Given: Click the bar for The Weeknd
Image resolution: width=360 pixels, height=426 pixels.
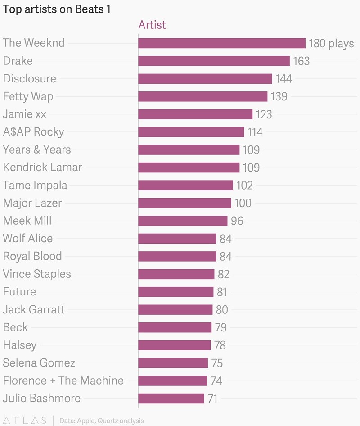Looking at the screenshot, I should click(x=222, y=43).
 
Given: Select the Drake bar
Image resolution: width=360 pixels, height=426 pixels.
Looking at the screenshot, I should click(x=214, y=61).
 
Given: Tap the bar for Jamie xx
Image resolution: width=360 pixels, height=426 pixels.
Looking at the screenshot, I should click(x=195, y=114).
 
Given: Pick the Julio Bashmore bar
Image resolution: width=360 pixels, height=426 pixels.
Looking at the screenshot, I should click(x=171, y=399).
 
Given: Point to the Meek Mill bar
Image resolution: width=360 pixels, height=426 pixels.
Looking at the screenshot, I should click(x=183, y=221).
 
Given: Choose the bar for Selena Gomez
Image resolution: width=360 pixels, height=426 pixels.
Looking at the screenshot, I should click(x=173, y=363).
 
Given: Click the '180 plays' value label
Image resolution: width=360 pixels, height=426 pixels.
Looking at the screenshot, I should click(x=331, y=44).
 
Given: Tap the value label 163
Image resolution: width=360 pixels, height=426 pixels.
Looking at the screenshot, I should click(x=301, y=61).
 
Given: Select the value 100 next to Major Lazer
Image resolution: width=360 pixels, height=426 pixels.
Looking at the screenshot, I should click(x=243, y=203).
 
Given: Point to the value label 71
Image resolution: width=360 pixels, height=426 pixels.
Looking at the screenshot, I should click(x=212, y=399).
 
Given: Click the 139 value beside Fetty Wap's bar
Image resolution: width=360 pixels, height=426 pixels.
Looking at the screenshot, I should click(x=279, y=97).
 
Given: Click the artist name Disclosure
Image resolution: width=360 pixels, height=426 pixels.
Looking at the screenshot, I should click(x=30, y=79).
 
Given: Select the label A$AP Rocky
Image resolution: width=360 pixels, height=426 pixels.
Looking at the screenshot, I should click(x=34, y=132).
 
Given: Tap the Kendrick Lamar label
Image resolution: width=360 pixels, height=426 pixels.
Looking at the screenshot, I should click(x=42, y=168).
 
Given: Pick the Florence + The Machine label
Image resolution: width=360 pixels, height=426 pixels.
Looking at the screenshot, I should click(x=63, y=381).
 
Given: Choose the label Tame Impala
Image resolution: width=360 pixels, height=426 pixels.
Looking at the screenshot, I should click(x=35, y=185).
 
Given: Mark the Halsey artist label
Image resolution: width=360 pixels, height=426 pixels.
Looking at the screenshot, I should click(x=20, y=345).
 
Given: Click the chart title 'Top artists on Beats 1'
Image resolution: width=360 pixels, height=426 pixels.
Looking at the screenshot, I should click(x=57, y=9).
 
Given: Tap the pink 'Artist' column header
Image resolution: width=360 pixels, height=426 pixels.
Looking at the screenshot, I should click(x=152, y=25).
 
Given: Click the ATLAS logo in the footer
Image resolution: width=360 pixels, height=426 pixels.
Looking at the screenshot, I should click(x=24, y=421).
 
